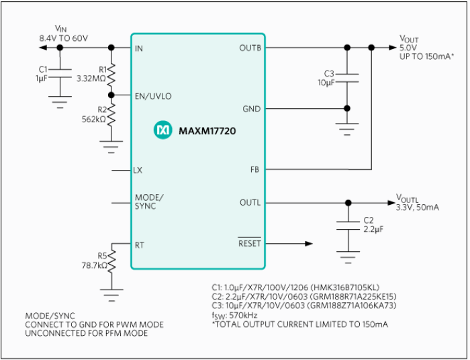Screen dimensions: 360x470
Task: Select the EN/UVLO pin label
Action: click(153, 96)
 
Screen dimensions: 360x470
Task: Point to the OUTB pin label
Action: click(250, 48)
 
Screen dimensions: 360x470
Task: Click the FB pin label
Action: click(255, 170)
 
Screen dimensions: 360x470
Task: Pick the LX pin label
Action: click(138, 170)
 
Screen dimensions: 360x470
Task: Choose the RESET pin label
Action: click(250, 244)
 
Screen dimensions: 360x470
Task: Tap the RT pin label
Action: click(139, 244)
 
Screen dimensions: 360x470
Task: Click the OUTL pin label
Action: click(250, 203)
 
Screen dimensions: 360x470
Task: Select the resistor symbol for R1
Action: click(111, 72)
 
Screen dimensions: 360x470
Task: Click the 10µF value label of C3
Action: click(325, 81)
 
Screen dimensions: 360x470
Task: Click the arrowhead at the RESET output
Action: click(309, 244)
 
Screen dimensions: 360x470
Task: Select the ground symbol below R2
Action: click(111, 143)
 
